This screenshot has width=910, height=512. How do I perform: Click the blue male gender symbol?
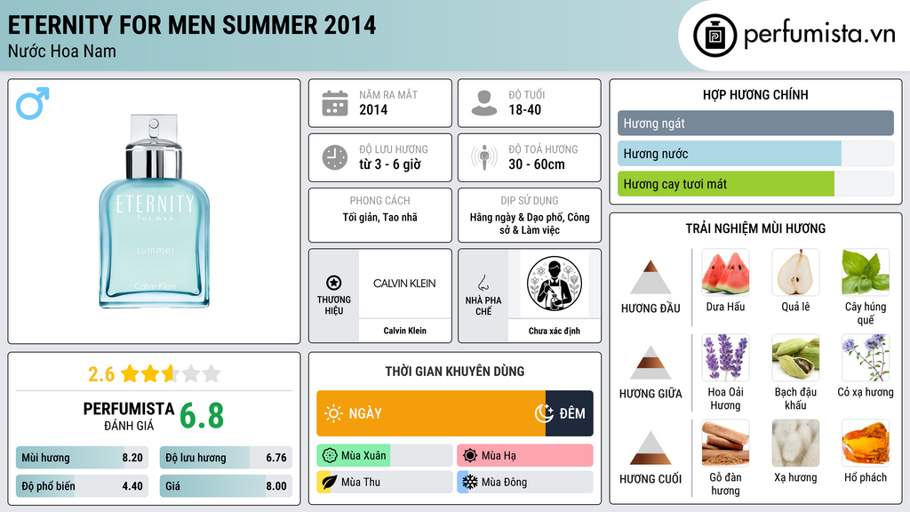click(x=32, y=103)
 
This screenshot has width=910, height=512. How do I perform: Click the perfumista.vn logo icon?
click(x=714, y=36)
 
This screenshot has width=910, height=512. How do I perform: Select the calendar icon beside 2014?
click(x=335, y=103)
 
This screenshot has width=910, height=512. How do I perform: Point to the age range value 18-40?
click(x=524, y=109)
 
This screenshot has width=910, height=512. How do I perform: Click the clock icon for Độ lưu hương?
click(x=335, y=157)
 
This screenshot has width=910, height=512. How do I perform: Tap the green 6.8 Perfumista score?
click(x=202, y=416)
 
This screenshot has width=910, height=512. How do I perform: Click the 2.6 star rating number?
click(x=101, y=374)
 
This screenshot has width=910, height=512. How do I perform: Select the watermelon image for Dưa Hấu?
click(x=725, y=273)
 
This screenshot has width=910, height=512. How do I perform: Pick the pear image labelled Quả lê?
click(x=795, y=273)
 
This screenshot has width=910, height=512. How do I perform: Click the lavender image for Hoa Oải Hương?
click(x=725, y=358)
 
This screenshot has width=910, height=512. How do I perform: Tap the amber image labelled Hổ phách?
click(x=866, y=444)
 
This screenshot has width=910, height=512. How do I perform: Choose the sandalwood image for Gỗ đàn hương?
click(x=725, y=444)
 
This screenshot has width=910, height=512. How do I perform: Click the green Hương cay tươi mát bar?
click(x=725, y=184)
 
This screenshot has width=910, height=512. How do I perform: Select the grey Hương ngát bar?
click(x=755, y=123)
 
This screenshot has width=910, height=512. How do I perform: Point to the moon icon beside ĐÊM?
click(x=544, y=413)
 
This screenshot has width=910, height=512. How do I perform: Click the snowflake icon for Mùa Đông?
click(x=469, y=482)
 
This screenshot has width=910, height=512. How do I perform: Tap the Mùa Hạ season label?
click(x=499, y=456)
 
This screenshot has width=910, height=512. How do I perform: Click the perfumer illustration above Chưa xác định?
click(x=555, y=284)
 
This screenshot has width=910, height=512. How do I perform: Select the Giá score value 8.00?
click(x=276, y=486)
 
